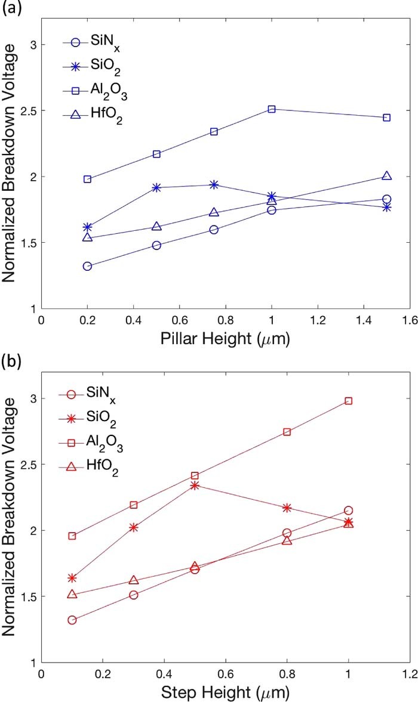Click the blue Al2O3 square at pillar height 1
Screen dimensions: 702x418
coord(272,109)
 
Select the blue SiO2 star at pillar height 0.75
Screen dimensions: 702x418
coord(214,184)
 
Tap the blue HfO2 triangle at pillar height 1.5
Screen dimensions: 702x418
coord(386,176)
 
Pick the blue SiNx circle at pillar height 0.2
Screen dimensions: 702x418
coord(87,266)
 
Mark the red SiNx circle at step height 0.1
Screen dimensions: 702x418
coord(72,620)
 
